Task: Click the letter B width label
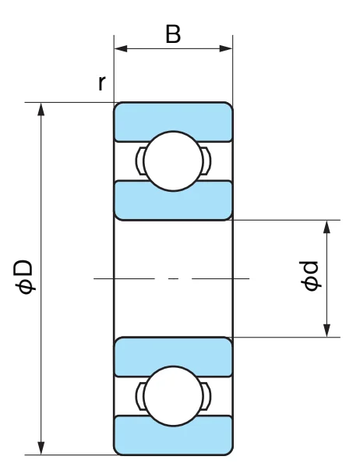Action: [x=173, y=34]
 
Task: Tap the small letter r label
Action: [x=102, y=83]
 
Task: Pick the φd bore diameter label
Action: [x=309, y=276]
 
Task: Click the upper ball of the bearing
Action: [x=173, y=161]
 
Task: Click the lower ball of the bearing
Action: [x=173, y=396]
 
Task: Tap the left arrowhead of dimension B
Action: [x=121, y=48]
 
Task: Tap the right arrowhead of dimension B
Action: [x=226, y=48]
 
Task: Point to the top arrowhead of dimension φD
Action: [x=41, y=109]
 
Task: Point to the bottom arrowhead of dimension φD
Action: [x=41, y=448]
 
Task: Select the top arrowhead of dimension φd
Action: [x=326, y=227]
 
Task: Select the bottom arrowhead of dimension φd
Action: [x=326, y=331]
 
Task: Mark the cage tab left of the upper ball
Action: [x=140, y=161]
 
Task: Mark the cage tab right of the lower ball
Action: [x=206, y=396]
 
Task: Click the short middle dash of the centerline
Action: [x=173, y=278]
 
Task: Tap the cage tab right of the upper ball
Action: [x=206, y=161]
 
